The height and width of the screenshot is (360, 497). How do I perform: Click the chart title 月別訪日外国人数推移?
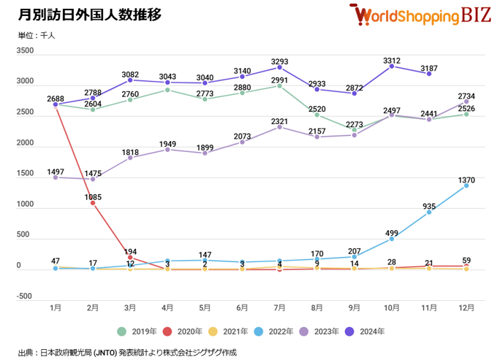90,14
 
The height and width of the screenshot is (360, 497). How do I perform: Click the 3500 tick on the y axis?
25,51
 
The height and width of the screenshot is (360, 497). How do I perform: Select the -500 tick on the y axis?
25,296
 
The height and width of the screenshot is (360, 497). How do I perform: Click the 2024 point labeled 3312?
392,66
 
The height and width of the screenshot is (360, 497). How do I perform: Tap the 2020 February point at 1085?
93,203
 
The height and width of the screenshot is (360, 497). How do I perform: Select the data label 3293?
281,61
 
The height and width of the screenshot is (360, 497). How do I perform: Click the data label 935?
430,206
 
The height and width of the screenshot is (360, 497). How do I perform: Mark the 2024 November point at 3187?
429,74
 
